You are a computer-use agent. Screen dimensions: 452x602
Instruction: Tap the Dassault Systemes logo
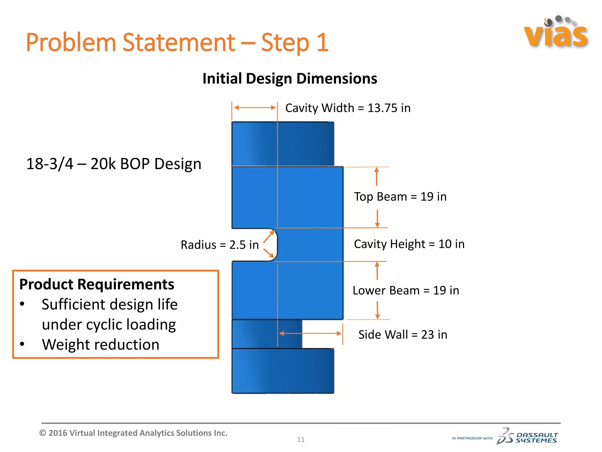[527, 436]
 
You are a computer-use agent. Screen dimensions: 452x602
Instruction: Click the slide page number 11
[301, 440]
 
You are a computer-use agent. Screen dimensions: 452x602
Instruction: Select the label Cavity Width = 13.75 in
[347, 108]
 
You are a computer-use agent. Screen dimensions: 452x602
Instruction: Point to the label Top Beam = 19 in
[400, 197]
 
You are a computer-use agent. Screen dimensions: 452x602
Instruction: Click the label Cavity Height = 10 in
[409, 244]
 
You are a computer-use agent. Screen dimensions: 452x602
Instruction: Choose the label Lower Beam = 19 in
[406, 290]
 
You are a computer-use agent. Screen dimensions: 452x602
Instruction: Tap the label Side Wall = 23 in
[402, 335]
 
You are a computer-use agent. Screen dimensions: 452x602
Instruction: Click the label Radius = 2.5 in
[220, 245]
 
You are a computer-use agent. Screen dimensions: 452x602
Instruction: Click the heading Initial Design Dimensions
[290, 79]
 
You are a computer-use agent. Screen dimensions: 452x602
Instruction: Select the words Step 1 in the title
[295, 43]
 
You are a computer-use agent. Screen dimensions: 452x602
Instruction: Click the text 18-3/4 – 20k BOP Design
[114, 164]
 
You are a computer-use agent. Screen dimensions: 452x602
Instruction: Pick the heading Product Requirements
[97, 284]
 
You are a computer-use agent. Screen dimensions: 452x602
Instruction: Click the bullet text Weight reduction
[101, 344]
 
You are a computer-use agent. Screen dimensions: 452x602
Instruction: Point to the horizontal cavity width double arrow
[255, 108]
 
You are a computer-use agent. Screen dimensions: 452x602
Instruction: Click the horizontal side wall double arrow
[310, 333]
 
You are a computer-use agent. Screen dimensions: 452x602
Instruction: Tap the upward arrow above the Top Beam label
[377, 176]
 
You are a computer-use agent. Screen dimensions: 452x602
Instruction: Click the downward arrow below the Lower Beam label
[377, 310]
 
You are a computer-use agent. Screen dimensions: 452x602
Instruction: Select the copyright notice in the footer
[133, 433]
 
